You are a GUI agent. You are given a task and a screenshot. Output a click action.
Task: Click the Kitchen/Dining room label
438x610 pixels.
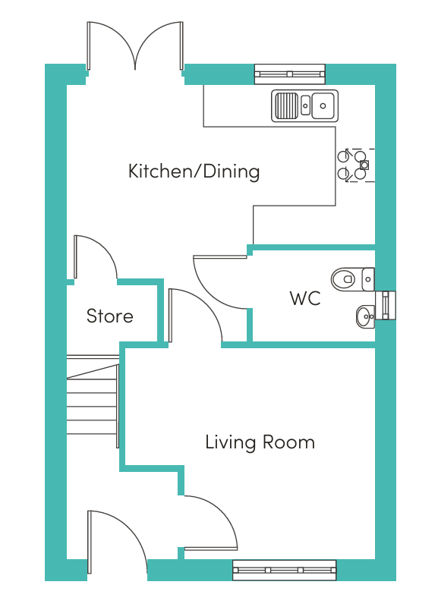(x=194, y=171)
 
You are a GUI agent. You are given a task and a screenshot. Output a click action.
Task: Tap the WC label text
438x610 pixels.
(x=305, y=298)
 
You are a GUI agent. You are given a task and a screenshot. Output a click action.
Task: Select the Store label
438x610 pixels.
(x=110, y=316)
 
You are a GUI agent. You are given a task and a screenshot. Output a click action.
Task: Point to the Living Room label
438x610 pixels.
(x=260, y=442)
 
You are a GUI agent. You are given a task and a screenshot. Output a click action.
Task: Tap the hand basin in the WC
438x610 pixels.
(x=365, y=316)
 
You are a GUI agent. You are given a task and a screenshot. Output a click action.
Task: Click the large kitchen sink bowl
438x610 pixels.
(x=323, y=105)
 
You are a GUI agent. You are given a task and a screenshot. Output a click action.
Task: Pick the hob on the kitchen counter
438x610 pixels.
(x=356, y=165)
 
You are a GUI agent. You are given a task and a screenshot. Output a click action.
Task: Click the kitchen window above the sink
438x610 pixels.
(x=290, y=74)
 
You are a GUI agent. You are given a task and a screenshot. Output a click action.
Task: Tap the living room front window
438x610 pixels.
(x=284, y=570)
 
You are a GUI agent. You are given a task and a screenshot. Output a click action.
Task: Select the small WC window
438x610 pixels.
(x=386, y=306)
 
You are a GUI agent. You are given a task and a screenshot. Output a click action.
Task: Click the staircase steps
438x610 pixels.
(x=93, y=401)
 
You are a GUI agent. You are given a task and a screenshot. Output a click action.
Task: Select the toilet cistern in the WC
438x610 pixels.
(x=368, y=279)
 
